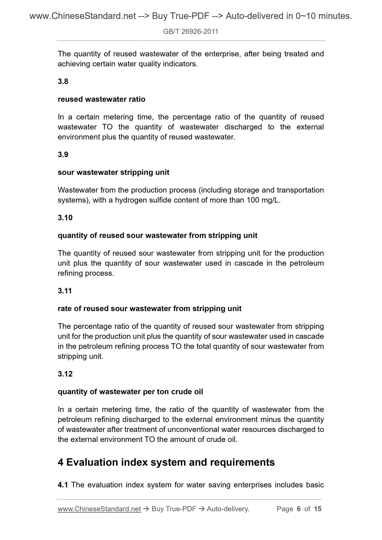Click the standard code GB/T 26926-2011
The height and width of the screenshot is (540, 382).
[191, 32]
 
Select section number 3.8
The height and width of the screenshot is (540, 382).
[63, 82]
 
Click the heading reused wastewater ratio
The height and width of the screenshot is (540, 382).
[102, 99]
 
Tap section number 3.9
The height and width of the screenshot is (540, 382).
[63, 155]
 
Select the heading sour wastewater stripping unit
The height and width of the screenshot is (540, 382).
[113, 173]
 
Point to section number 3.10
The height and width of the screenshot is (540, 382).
[65, 218]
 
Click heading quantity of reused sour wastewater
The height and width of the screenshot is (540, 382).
[157, 235]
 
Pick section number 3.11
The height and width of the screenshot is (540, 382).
[65, 291]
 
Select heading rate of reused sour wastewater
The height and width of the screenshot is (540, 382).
[149, 309]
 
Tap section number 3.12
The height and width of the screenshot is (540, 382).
[65, 374]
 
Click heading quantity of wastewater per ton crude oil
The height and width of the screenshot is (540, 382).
[130, 392]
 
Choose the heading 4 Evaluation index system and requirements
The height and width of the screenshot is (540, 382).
[166, 462]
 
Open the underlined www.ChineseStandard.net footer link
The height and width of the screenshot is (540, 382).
[99, 509]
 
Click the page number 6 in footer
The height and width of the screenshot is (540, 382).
[299, 509]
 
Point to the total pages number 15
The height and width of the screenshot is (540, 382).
[317, 509]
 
